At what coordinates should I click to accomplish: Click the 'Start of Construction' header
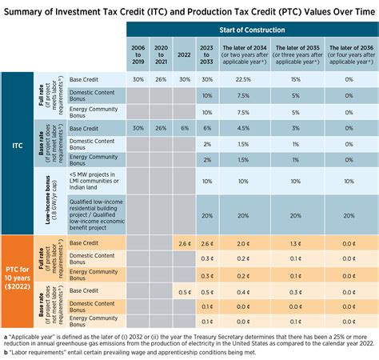click(251, 31)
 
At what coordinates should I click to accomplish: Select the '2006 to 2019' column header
click(138, 55)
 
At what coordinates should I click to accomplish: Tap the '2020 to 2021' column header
click(161, 55)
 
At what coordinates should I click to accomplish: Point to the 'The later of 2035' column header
click(295, 55)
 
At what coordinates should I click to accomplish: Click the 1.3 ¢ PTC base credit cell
click(295, 243)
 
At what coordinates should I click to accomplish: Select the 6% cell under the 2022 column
click(184, 128)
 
